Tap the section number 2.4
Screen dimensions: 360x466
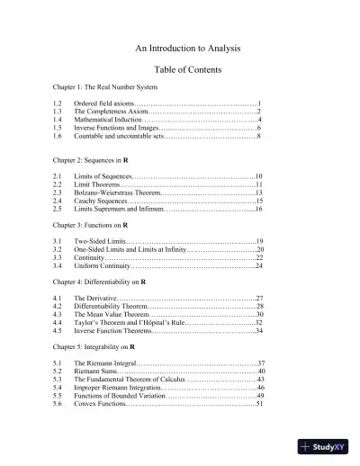click(57, 201)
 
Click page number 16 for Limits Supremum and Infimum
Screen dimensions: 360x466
click(257, 209)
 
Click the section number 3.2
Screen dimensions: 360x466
click(57, 249)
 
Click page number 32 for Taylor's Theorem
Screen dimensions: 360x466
click(257, 321)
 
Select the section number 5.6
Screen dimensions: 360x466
click(57, 403)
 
